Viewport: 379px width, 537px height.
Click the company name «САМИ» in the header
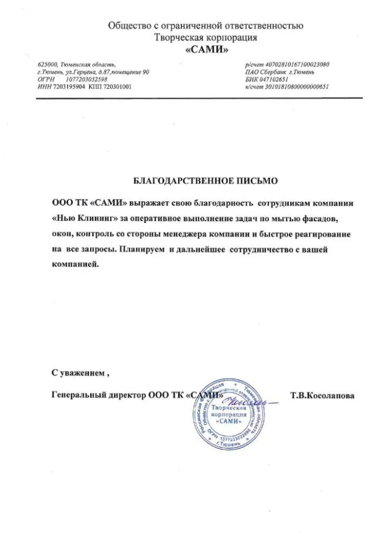pyautogui.click(x=206, y=50)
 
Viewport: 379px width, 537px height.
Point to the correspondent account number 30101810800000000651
pyautogui.click(x=295, y=86)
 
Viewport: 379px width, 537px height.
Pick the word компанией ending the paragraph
pyautogui.click(x=75, y=265)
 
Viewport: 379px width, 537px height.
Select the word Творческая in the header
pyautogui.click(x=176, y=38)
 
